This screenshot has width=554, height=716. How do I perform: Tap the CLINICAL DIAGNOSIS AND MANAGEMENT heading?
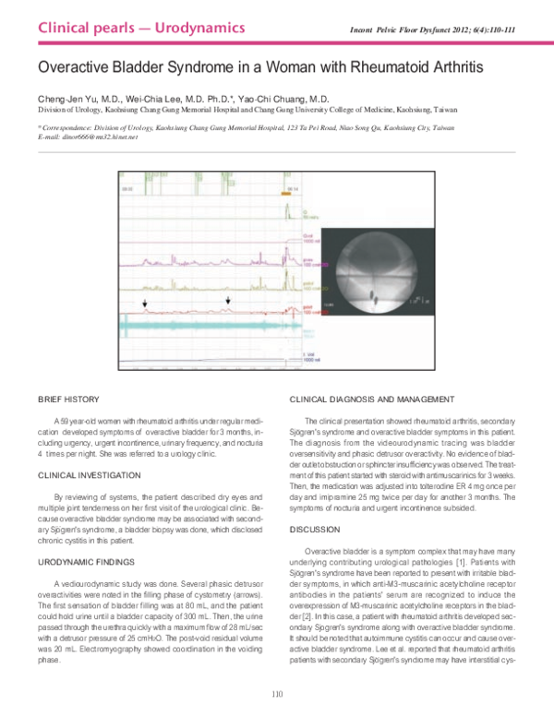(371, 399)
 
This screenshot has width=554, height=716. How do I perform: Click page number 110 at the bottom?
(276, 693)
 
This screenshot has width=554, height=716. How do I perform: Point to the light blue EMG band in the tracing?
(203, 324)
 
